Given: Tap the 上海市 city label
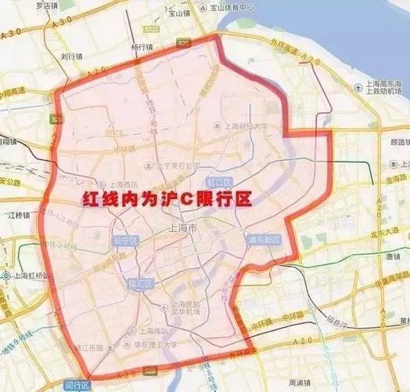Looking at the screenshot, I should tap(183, 228).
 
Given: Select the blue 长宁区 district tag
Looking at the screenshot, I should tap(124, 241).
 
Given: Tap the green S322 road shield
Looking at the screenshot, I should tap(155, 30).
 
